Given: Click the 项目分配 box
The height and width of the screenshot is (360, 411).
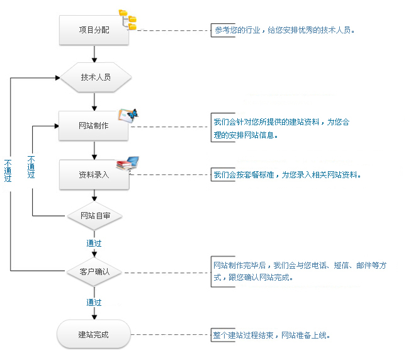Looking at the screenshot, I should pyautogui.click(x=94, y=30).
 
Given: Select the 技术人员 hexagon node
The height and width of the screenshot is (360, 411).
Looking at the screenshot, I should pyautogui.click(x=96, y=78).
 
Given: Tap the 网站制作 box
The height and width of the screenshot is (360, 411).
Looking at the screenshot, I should pyautogui.click(x=94, y=126).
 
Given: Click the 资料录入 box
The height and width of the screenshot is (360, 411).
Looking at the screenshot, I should pyautogui.click(x=94, y=174).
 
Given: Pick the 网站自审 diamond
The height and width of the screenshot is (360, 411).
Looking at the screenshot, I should pyautogui.click(x=94, y=216).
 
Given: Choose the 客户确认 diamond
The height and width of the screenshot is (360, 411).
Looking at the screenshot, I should pyautogui.click(x=94, y=272).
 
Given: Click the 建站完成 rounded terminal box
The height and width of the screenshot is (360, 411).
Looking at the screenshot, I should pyautogui.click(x=94, y=334).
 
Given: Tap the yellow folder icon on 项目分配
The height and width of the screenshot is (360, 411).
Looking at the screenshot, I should pyautogui.click(x=128, y=20).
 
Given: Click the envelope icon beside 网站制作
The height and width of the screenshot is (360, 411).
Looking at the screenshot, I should pyautogui.click(x=128, y=115).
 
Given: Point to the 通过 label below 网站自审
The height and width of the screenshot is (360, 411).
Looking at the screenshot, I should pyautogui.click(x=94, y=243).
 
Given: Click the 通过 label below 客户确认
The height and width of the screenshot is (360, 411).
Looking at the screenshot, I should pyautogui.click(x=94, y=303).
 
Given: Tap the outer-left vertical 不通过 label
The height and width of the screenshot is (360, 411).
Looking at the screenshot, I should pyautogui.click(x=8, y=169).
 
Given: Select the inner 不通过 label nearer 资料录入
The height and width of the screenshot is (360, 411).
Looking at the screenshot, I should pyautogui.click(x=31, y=167).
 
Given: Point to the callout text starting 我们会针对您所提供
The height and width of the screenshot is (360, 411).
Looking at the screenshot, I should pyautogui.click(x=281, y=122).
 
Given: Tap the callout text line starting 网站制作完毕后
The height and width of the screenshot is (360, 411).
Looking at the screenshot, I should pyautogui.click(x=300, y=266).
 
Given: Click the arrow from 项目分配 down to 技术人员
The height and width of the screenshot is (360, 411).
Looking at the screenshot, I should pyautogui.click(x=94, y=55).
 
